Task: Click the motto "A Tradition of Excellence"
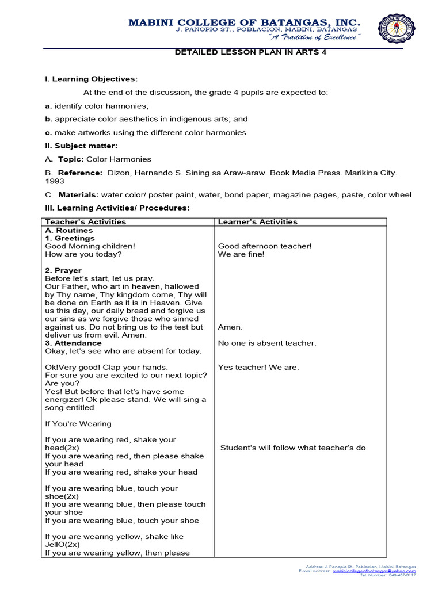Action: click(x=314, y=37)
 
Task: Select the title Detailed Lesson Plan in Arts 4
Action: click(x=246, y=52)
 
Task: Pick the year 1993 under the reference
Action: click(x=54, y=181)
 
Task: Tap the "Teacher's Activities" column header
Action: click(x=85, y=222)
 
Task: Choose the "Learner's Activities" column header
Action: click(x=257, y=222)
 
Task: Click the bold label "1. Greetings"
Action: click(x=70, y=238)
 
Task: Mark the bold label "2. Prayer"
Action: click(x=63, y=270)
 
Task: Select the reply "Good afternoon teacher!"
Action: click(x=265, y=246)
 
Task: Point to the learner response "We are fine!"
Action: click(x=241, y=254)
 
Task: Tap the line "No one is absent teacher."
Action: click(x=267, y=343)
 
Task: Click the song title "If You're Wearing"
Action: click(x=78, y=423)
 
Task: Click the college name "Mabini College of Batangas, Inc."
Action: click(x=245, y=22)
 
